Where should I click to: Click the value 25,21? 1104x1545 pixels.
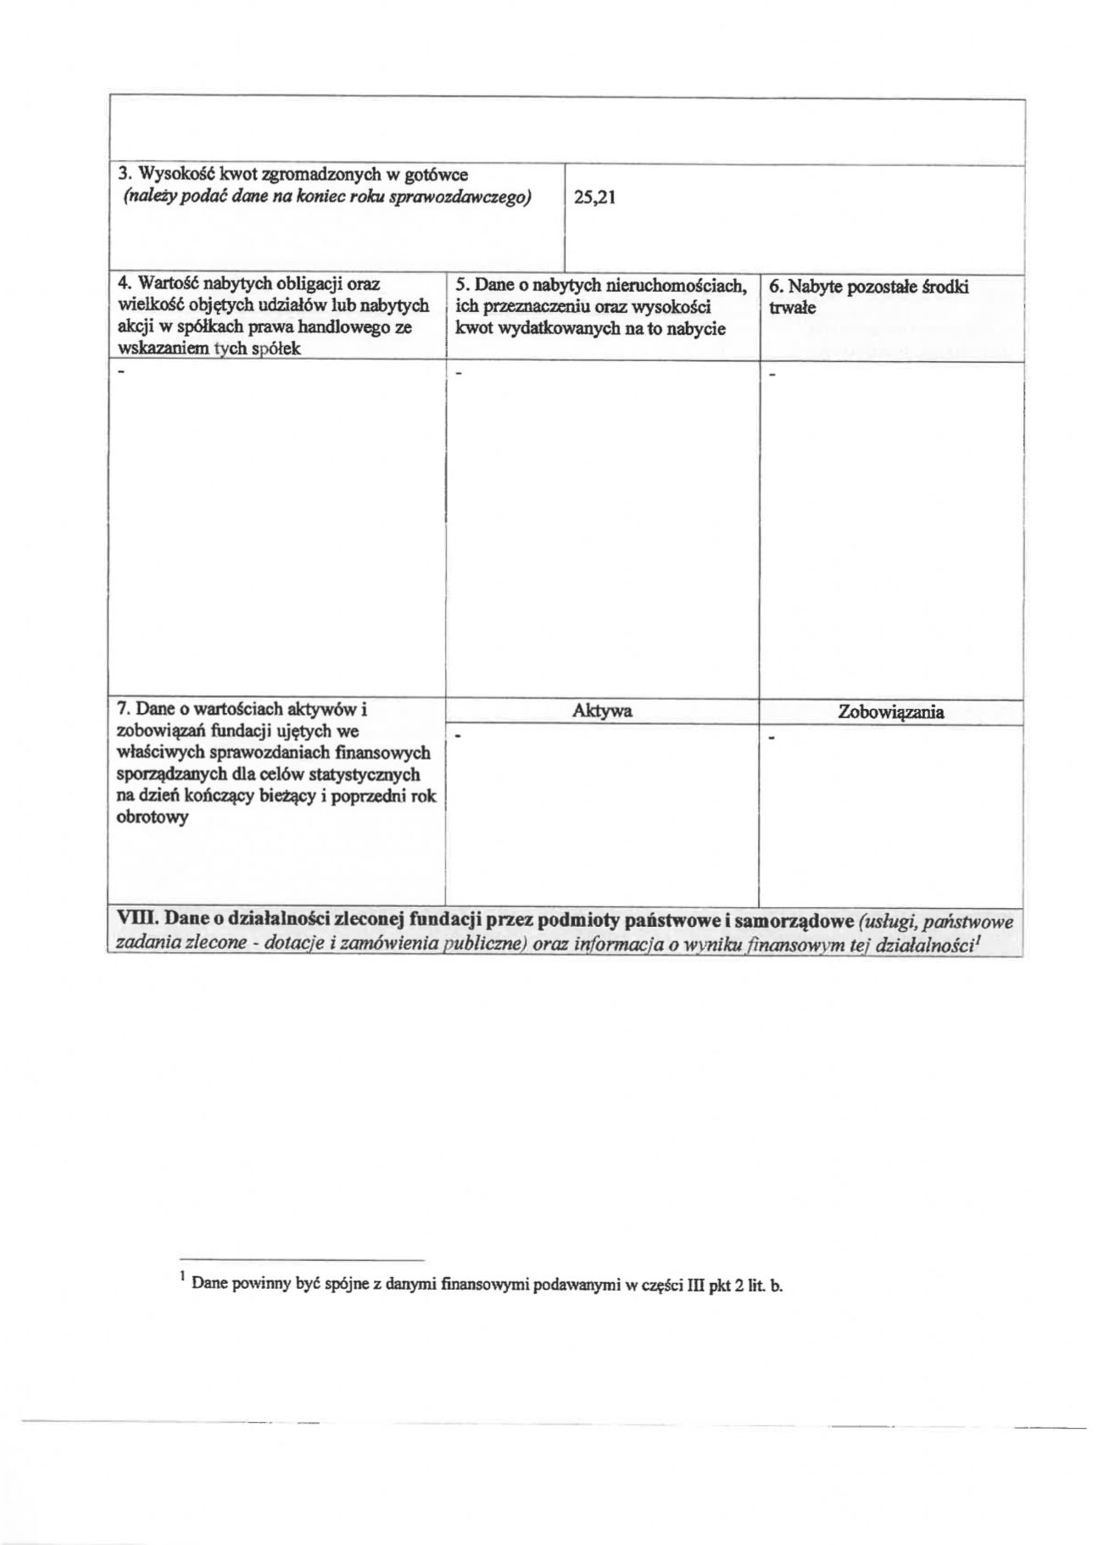(594, 198)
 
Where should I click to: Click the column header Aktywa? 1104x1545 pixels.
(602, 711)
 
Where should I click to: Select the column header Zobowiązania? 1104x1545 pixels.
(890, 712)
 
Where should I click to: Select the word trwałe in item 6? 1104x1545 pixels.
(792, 308)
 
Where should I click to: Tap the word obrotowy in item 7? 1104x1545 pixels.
(152, 818)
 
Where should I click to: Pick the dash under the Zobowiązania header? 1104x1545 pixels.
(772, 738)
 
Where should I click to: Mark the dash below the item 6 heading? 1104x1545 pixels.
(772, 373)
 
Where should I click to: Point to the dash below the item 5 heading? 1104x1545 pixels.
(459, 373)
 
